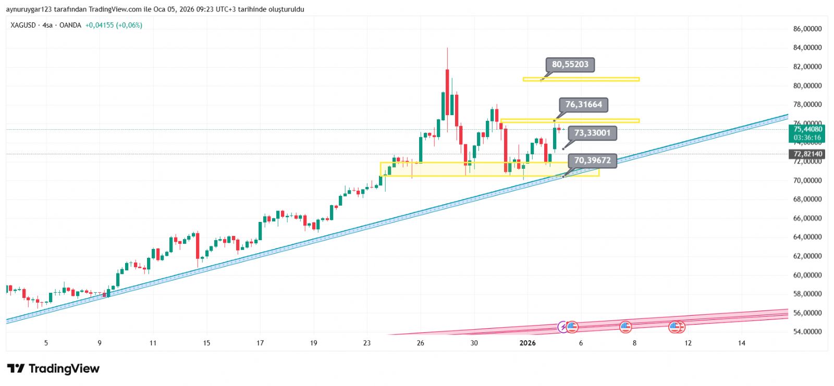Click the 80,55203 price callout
point(570,65)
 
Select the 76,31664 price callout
point(583,105)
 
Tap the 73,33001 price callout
point(592,133)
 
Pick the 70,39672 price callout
point(592,160)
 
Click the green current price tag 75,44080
point(807,133)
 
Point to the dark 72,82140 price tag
point(807,154)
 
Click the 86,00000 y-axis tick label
point(807,29)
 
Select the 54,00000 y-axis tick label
point(807,332)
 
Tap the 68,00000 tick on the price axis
point(807,200)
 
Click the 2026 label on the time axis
point(528,343)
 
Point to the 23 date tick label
point(367,343)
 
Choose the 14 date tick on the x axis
point(742,343)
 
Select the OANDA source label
point(70,25)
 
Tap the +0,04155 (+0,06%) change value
point(114,25)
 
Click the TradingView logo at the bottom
point(53,369)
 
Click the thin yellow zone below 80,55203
point(581,79)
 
